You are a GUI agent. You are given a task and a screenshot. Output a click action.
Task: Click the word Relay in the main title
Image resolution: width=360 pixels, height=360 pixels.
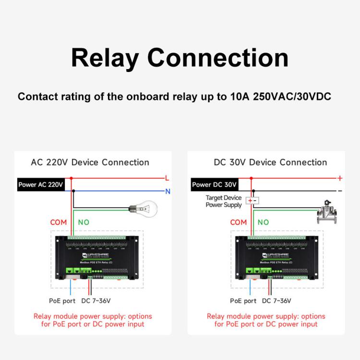[x=105, y=58]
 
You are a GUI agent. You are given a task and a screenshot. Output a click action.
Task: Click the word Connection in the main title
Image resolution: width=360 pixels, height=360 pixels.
[x=218, y=58]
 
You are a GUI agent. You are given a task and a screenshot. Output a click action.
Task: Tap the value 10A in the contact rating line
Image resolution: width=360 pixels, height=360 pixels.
[x=239, y=96]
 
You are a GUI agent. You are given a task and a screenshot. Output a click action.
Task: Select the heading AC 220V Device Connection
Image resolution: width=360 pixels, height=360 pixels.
[x=90, y=162]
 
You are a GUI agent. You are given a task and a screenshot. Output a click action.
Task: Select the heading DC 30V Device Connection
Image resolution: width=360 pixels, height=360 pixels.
[x=270, y=162]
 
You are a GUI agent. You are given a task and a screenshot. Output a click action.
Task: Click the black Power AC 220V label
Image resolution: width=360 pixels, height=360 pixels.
[x=41, y=184]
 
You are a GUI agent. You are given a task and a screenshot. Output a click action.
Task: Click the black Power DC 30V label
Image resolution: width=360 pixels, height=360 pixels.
[x=214, y=184]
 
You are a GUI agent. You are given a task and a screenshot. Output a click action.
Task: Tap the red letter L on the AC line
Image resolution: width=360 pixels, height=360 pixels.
[x=167, y=178]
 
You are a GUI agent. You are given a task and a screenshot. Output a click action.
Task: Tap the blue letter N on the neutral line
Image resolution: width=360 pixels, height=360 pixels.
[x=168, y=191]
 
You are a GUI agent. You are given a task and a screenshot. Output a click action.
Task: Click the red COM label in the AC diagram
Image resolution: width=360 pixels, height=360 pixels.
[x=59, y=222]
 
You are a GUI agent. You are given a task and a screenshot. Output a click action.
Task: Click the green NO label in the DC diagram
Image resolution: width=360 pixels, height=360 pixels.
[x=263, y=222]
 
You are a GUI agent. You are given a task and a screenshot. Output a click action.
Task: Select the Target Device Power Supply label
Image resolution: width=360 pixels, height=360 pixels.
[x=223, y=201]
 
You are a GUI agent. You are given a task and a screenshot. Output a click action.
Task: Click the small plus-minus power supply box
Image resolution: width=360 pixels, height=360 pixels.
[x=252, y=200]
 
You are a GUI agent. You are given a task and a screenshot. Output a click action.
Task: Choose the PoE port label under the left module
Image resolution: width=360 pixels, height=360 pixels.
[x=62, y=301]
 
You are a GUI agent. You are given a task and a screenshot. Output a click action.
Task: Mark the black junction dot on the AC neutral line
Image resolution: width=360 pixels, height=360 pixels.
[x=73, y=191]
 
